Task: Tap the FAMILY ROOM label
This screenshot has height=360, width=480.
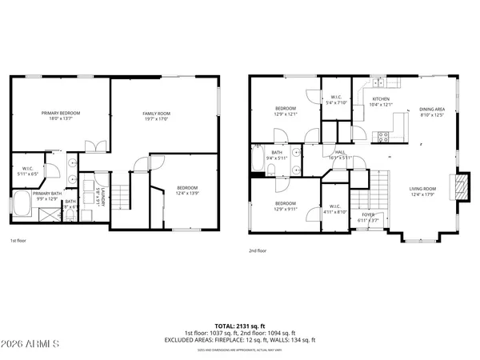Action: [158, 114]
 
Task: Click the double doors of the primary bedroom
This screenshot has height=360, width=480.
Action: [96, 147]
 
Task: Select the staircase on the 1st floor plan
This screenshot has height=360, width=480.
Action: [120, 194]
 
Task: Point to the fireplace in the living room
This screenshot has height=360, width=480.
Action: [458, 187]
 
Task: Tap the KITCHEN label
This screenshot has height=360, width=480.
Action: [381, 99]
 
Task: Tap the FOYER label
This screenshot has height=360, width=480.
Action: [368, 215]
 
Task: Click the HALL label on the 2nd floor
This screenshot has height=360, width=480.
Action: [340, 152]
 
